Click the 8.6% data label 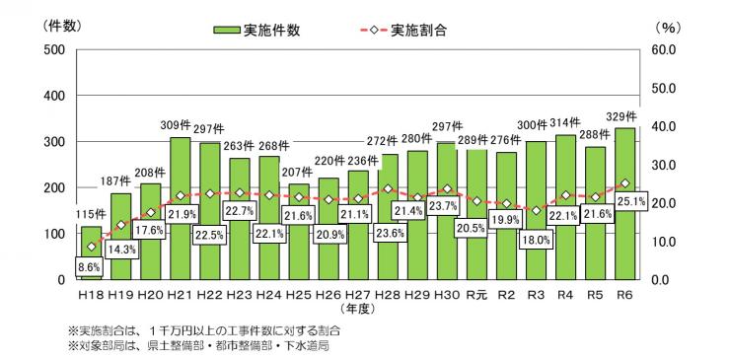92,267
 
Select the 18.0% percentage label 535,239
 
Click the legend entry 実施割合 412,31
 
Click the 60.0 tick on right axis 662,49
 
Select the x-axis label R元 475,295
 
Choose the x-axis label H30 447,295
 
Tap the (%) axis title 664,27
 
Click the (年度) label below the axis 356,308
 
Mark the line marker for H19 120,225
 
